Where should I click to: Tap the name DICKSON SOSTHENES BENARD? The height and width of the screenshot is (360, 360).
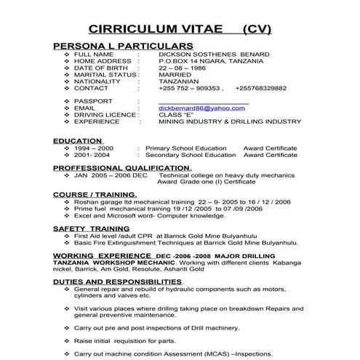coord(213,55)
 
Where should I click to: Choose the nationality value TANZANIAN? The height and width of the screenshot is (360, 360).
coord(180,81)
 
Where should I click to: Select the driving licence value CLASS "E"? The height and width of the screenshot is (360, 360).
coord(176,114)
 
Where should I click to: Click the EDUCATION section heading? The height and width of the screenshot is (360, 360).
coord(77,140)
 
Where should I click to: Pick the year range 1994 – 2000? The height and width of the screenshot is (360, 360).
coord(92,148)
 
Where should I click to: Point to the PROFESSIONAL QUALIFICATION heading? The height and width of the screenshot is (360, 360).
coord(122,168)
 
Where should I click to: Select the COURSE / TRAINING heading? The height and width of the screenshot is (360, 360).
coord(95,195)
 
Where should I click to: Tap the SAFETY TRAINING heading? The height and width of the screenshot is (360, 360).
coord(91,228)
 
